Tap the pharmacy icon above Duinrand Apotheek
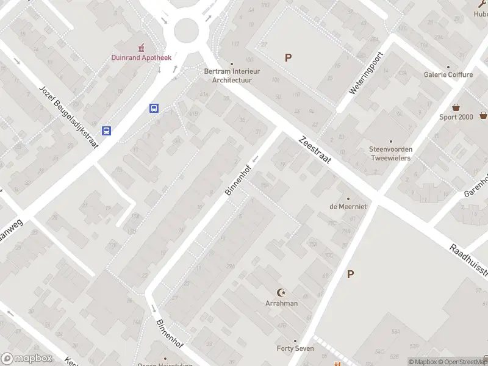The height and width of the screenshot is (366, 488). (142, 47)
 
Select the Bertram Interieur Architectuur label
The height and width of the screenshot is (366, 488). (232, 75)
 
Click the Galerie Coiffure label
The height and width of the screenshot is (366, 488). (448, 74)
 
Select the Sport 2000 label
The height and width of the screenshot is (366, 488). (456, 117)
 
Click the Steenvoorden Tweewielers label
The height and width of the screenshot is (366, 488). (390, 154)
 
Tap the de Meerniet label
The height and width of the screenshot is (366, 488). (348, 206)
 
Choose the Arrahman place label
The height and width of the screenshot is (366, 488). (281, 303)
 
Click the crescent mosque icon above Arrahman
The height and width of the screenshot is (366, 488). (281, 293)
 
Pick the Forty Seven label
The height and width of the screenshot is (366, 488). (295, 348)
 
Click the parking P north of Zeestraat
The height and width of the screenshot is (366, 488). (288, 58)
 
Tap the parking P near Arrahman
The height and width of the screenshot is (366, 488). (350, 274)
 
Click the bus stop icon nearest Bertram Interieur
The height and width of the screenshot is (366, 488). (154, 109)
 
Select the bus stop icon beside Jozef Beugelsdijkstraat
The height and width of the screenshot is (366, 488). (107, 131)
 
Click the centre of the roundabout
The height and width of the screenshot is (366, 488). (186, 29)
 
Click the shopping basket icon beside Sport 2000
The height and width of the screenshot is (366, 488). (484, 115)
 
